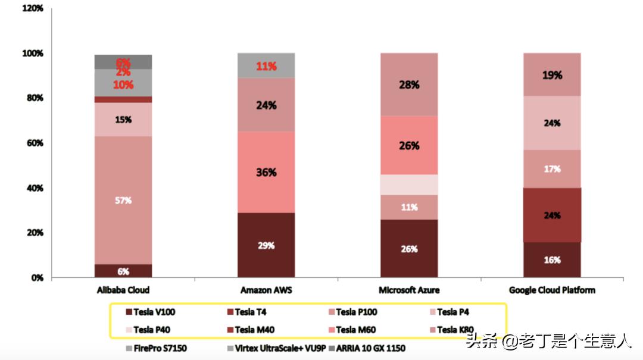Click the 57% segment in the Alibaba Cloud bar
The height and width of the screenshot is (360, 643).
click(123, 200)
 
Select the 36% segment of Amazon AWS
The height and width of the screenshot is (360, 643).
click(266, 172)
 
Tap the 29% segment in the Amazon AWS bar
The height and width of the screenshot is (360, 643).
click(266, 245)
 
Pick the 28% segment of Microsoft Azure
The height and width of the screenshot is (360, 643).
click(409, 84)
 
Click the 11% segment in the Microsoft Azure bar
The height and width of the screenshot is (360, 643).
click(409, 207)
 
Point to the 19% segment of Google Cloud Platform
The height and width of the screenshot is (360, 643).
click(552, 75)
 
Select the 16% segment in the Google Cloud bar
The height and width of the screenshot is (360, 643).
click(552, 259)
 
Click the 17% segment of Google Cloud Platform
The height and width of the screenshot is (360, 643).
click(552, 169)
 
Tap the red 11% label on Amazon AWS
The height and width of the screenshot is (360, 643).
click(266, 66)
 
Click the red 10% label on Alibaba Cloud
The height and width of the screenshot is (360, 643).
click(123, 84)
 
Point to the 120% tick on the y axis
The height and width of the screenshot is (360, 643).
click(32, 8)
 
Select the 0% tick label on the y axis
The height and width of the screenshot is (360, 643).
click(37, 277)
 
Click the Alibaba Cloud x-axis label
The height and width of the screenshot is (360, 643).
click(123, 290)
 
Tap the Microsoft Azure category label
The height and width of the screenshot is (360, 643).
click(409, 290)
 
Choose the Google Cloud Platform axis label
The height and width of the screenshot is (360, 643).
click(552, 290)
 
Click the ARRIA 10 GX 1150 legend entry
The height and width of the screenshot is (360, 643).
click(368, 348)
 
